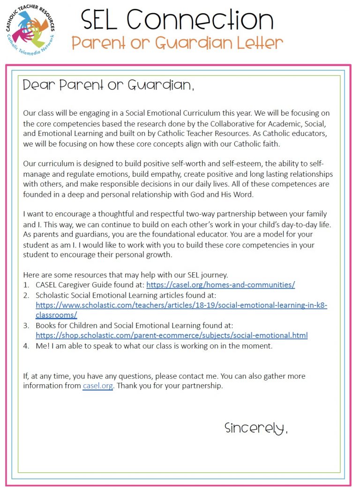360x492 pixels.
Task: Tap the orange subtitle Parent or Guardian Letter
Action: coord(177,44)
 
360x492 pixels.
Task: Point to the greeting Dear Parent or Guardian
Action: coord(108,85)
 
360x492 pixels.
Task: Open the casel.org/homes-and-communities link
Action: coord(220,284)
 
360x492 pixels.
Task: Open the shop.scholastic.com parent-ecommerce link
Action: coord(172,335)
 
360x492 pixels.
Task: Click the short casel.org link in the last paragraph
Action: coord(97,386)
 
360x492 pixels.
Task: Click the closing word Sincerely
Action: coord(256,428)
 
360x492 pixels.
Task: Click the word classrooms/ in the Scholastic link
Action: coord(56,315)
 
